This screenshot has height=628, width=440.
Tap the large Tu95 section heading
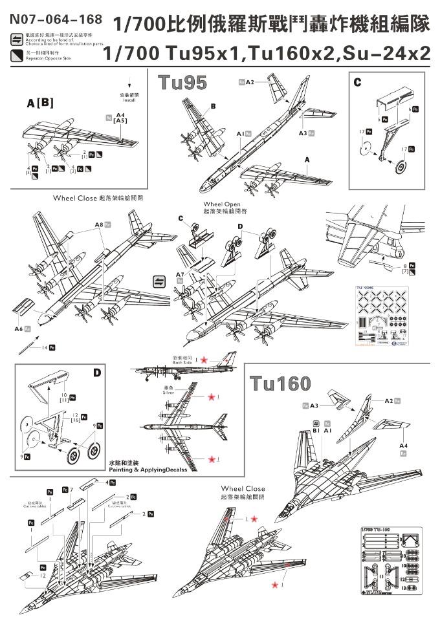[182, 83]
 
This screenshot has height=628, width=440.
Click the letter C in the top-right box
[357, 82]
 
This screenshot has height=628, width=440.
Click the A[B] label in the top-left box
[40, 103]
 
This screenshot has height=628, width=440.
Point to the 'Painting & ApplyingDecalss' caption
[148, 470]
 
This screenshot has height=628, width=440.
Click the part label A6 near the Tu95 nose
[18, 329]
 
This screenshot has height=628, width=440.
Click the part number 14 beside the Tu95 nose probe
[45, 348]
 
